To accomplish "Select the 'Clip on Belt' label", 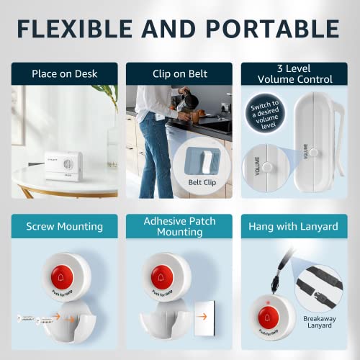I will coord(179,73).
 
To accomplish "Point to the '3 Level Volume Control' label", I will coord(295,73).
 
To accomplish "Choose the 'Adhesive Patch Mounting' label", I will coord(179,227).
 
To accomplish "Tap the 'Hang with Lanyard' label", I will coord(295,227).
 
